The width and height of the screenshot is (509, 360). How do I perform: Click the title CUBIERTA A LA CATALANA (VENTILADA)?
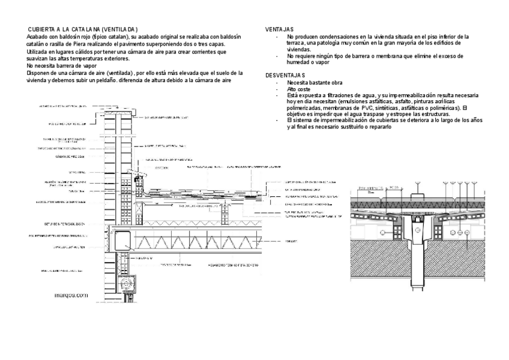pyautogui.click(x=83, y=29)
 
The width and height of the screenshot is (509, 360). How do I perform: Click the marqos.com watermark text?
pyautogui.click(x=71, y=295)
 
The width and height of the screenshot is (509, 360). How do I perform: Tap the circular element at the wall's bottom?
pyautogui.click(x=125, y=282)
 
